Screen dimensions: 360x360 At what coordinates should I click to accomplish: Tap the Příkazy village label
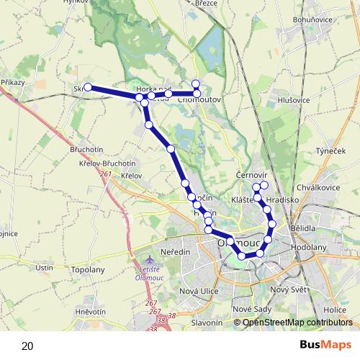pyautogui.click(x=14, y=83)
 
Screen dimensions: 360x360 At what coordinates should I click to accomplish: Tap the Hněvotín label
pyautogui.click(x=90, y=311)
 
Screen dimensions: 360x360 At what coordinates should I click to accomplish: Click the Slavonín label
pyautogui.click(x=207, y=323)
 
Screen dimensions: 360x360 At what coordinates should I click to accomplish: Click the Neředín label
pyautogui.click(x=176, y=252)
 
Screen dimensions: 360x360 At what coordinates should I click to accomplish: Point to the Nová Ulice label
pyautogui.click(x=198, y=290)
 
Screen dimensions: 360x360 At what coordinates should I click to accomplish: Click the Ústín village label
pyautogui.click(x=45, y=267)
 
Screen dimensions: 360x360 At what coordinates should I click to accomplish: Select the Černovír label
pyautogui.click(x=252, y=175)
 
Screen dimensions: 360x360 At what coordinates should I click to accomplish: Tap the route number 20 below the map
pyautogui.click(x=27, y=346)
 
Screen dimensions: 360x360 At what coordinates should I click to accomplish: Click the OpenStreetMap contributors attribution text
pyautogui.click(x=297, y=323)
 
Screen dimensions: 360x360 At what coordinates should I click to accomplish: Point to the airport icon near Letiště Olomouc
pyautogui.click(x=149, y=259)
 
